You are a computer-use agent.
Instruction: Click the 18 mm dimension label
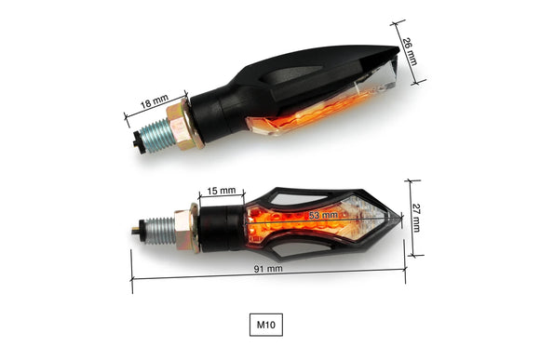[155, 101]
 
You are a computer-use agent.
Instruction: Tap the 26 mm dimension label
[410, 51]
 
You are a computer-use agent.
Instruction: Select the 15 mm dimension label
[222, 191]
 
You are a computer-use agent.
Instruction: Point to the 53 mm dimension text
[323, 216]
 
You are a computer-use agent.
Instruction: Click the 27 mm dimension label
[416, 218]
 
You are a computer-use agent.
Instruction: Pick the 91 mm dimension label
[268, 269]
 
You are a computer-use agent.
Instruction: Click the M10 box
[266, 325]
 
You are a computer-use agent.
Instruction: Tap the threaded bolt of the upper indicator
[155, 135]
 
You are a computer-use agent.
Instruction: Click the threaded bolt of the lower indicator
[159, 231]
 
